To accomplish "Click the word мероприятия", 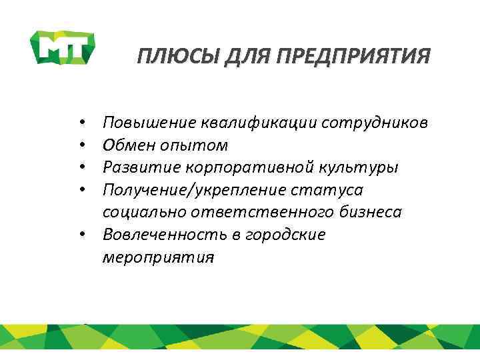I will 159,257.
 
